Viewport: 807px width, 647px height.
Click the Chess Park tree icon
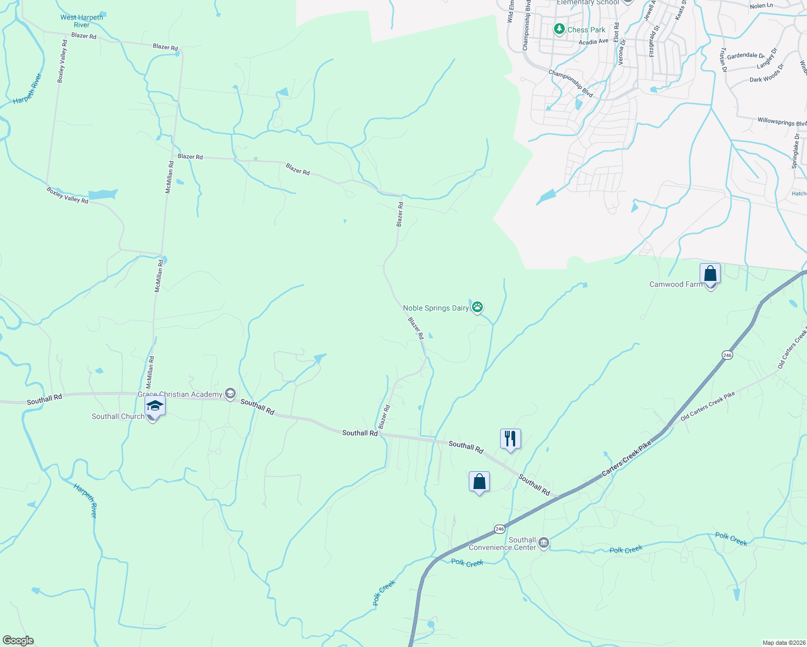point(559,29)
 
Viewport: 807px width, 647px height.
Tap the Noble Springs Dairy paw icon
point(477,307)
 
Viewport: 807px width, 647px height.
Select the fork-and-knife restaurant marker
point(510,439)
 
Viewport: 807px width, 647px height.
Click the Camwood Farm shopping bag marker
point(710,274)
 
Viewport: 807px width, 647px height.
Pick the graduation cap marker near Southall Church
point(154,405)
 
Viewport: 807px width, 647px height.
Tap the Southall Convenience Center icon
point(544,543)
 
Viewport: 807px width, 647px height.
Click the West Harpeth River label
point(81,21)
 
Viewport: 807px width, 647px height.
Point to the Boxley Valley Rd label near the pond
point(67,195)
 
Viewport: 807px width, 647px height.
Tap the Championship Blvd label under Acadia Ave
point(571,84)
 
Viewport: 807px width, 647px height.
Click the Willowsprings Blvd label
point(782,122)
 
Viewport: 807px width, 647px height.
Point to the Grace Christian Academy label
point(180,394)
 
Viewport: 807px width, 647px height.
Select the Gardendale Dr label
point(746,56)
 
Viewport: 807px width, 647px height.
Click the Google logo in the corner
point(18,641)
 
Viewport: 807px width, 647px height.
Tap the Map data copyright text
point(784,643)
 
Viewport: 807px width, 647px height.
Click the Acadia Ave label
point(593,42)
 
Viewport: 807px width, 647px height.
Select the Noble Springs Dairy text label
point(436,308)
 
